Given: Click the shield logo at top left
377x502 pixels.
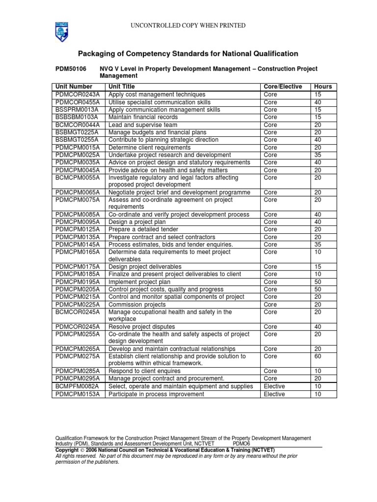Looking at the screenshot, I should pos(61,31).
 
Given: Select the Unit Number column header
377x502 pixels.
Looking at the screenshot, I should pos(74,87).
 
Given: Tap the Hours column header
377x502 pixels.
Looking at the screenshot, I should pos(323,87).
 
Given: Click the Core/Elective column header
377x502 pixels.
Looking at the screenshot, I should pos(283,87).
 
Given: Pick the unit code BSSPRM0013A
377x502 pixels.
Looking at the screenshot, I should pos(77,110).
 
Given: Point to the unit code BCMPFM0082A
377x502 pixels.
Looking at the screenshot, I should pos(77,386).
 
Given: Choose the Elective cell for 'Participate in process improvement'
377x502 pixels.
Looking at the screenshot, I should pos(274,394).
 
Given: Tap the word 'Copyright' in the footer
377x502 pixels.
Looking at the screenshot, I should pos(67,450).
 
